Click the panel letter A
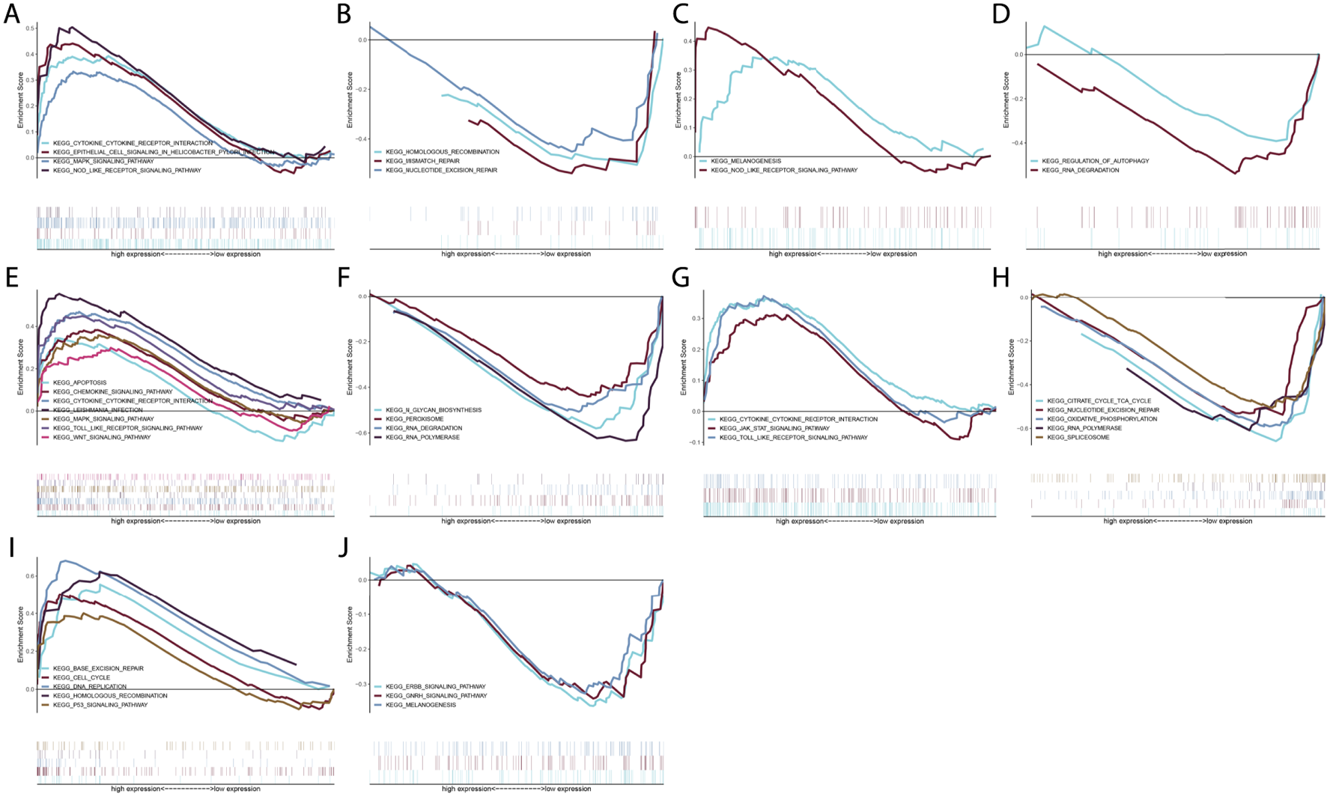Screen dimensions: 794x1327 point(11,14)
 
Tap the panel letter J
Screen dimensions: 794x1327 point(344,547)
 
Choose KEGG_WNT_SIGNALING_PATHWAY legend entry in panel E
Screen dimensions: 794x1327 point(102,437)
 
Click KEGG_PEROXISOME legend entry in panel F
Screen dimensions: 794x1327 point(414,419)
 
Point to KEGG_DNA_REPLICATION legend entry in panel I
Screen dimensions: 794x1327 point(90,686)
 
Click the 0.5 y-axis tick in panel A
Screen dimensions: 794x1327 point(30,28)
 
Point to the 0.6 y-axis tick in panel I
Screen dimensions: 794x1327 point(30,575)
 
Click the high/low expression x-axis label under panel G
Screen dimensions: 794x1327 point(849,521)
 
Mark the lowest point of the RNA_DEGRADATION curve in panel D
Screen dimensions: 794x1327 point(1235,174)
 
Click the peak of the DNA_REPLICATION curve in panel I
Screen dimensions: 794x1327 point(64,561)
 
